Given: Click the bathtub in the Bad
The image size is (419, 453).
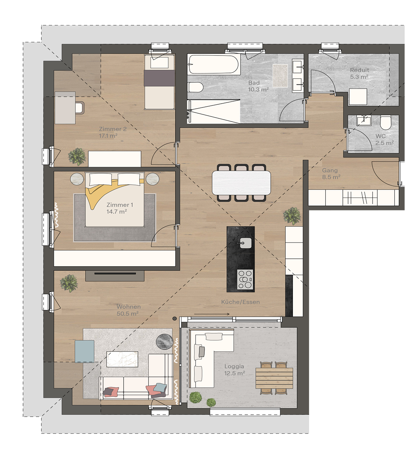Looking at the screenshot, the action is (214, 65).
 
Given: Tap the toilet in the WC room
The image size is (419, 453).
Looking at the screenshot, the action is (386, 122).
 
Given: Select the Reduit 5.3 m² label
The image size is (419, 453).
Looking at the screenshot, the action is (359, 73).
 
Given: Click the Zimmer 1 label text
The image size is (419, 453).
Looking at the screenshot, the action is (119, 205).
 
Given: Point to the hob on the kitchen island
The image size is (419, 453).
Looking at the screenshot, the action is (245, 279).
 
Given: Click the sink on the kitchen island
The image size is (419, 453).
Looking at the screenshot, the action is (245, 243).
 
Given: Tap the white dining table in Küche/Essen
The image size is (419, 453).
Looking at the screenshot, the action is (242, 183).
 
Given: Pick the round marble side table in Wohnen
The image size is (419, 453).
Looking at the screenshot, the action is (164, 341).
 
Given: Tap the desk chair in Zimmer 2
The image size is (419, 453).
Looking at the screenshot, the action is (80, 107).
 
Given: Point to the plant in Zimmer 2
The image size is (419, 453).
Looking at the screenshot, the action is (77, 156).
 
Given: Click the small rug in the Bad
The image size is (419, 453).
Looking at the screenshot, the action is (280, 76).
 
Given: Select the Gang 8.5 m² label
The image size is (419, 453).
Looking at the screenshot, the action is (331, 173).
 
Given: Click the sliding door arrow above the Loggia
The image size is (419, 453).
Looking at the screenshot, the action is (212, 314).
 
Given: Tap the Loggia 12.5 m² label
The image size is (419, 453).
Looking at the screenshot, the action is (234, 370).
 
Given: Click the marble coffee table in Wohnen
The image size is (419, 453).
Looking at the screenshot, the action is (122, 359).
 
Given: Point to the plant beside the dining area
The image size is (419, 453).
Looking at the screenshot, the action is (292, 216).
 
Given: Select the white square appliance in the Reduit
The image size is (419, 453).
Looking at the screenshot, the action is (358, 97).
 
